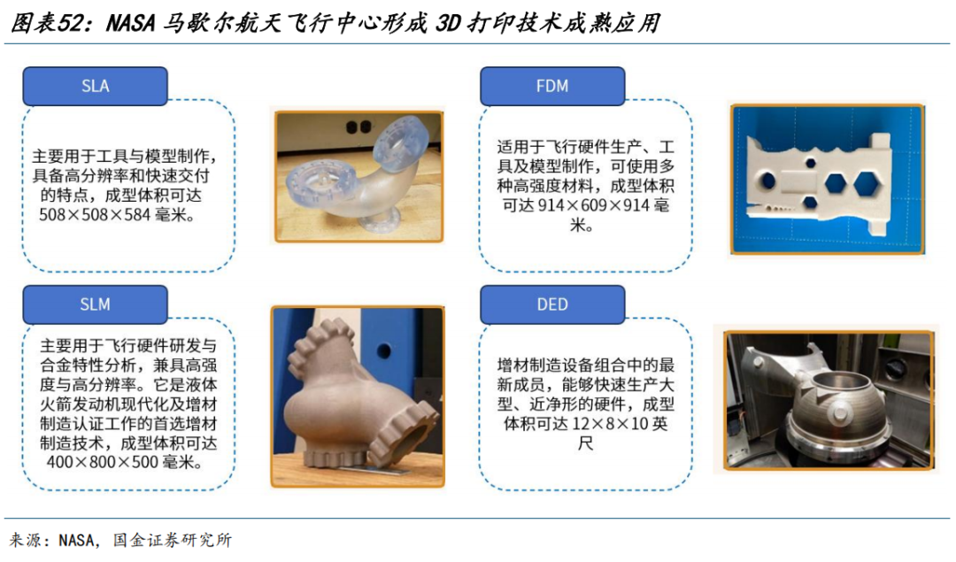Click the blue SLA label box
click(x=95, y=86)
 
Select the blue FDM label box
click(x=552, y=86)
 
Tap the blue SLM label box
click(x=95, y=304)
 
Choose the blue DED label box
click(x=552, y=304)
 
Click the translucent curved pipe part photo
click(x=359, y=177)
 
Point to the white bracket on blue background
click(x=828, y=179)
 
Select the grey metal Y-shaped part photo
click(x=358, y=396)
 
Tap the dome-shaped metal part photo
click(x=829, y=400)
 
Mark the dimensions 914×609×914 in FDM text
click(x=594, y=205)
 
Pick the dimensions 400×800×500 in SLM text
click(x=103, y=462)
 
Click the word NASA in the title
click(x=131, y=23)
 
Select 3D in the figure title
click(x=448, y=23)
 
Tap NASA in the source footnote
click(x=77, y=540)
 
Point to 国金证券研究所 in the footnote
click(x=173, y=540)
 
